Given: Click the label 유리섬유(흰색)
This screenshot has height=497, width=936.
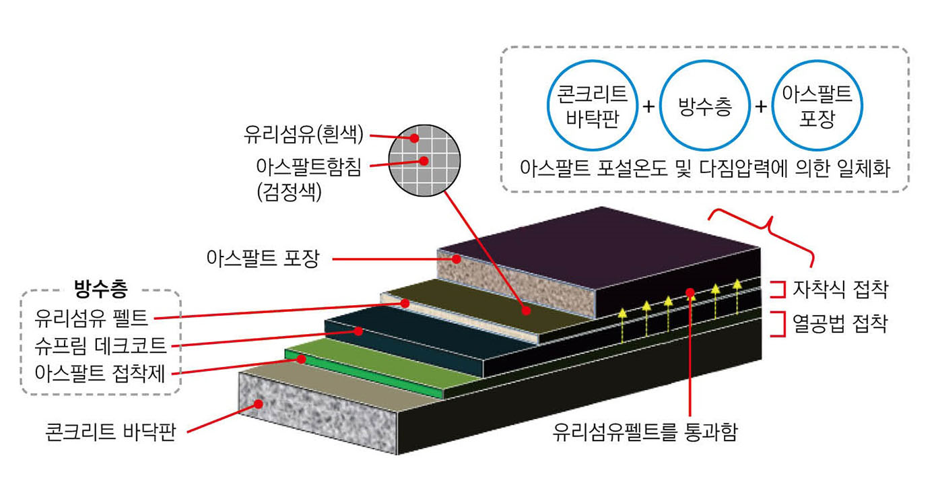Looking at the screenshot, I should tap(304, 135).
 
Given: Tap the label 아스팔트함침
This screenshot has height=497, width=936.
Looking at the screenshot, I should tap(308, 167).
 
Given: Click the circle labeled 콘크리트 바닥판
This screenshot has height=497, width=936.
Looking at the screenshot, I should tap(588, 106).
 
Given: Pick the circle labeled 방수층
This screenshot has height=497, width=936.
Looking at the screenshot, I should tap(704, 106).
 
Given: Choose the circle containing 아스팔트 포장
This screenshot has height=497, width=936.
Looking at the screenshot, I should tap(817, 106).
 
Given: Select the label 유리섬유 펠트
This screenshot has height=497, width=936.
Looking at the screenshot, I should tap(94, 315).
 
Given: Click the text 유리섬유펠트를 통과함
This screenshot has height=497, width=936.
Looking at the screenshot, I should tap(644, 432).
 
